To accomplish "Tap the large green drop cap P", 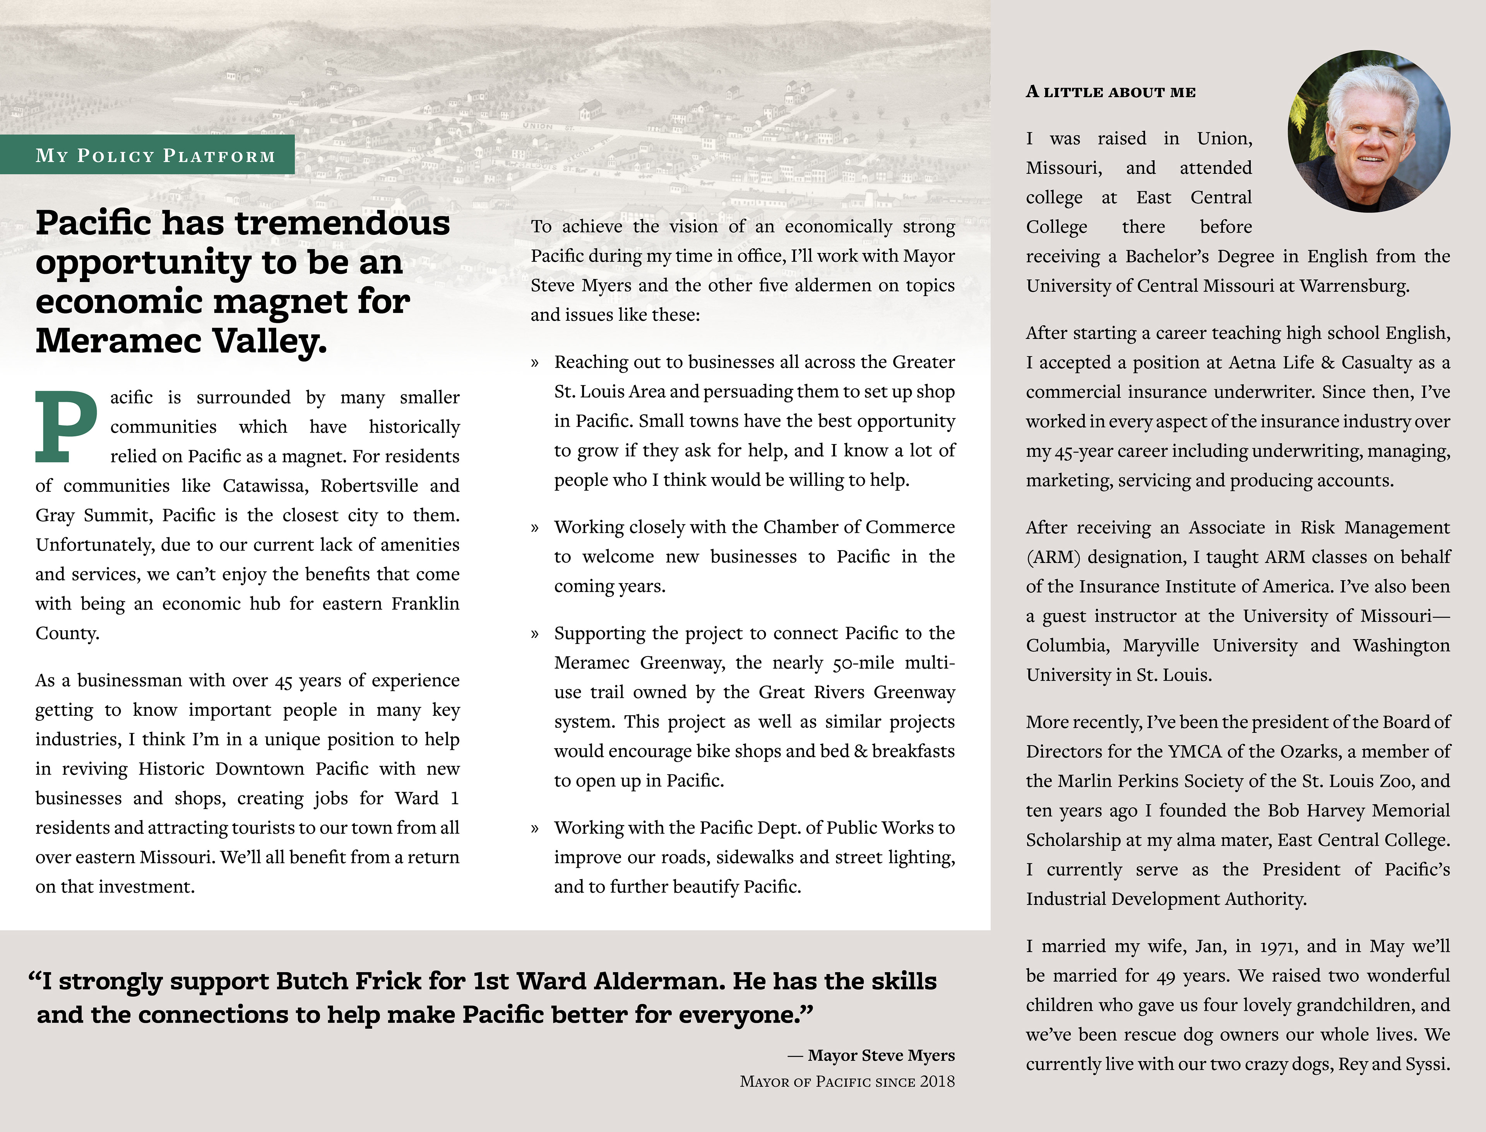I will [x=65, y=426].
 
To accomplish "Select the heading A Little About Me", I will [x=1111, y=92].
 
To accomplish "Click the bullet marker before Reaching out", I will [x=535, y=363].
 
